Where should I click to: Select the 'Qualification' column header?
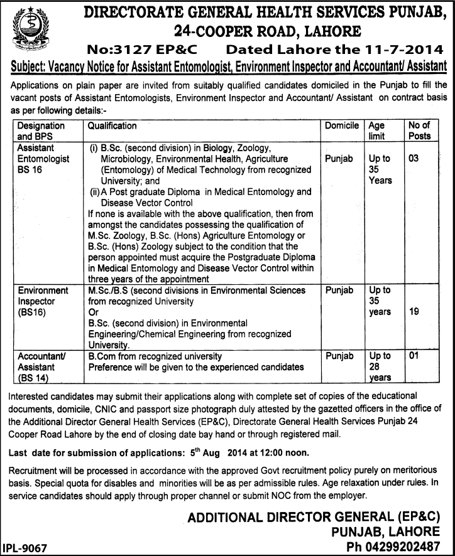click(112, 126)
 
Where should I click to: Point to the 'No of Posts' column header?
click(419, 131)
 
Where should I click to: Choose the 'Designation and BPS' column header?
click(41, 131)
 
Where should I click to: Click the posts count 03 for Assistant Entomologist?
click(413, 159)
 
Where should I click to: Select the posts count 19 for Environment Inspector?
click(414, 312)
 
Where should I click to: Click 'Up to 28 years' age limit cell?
click(380, 366)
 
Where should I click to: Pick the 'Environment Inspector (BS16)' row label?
click(43, 301)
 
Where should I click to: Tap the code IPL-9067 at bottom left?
click(25, 547)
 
